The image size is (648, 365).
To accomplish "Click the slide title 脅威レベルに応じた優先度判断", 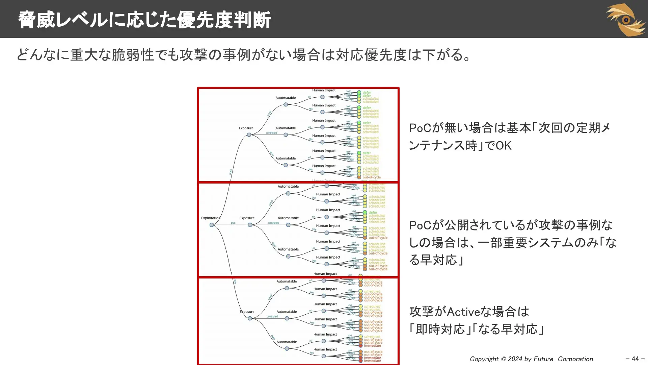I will tap(144, 20).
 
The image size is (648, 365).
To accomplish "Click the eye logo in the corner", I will tap(626, 20).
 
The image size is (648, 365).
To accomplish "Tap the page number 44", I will tap(635, 359).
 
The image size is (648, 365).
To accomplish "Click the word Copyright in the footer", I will tap(484, 359).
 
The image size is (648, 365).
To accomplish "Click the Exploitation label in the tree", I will tap(211, 218).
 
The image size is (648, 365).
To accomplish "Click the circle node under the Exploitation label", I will tap(212, 225).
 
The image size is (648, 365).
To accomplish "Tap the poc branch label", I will tap(233, 223).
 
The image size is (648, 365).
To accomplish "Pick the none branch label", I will tap(231, 172).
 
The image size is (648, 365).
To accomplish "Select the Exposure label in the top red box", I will tap(246, 128).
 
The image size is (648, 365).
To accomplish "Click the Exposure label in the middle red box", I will tap(247, 218).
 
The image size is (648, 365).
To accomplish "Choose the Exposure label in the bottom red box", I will tap(247, 312).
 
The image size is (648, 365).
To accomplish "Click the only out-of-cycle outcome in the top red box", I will tap(372, 177).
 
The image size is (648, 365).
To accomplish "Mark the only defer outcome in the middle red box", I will tap(373, 213).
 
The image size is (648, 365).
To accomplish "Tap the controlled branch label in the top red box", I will tap(271, 133).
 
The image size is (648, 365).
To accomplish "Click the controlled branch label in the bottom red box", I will tap(272, 317).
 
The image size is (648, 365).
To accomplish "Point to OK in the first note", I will tap(504, 146).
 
